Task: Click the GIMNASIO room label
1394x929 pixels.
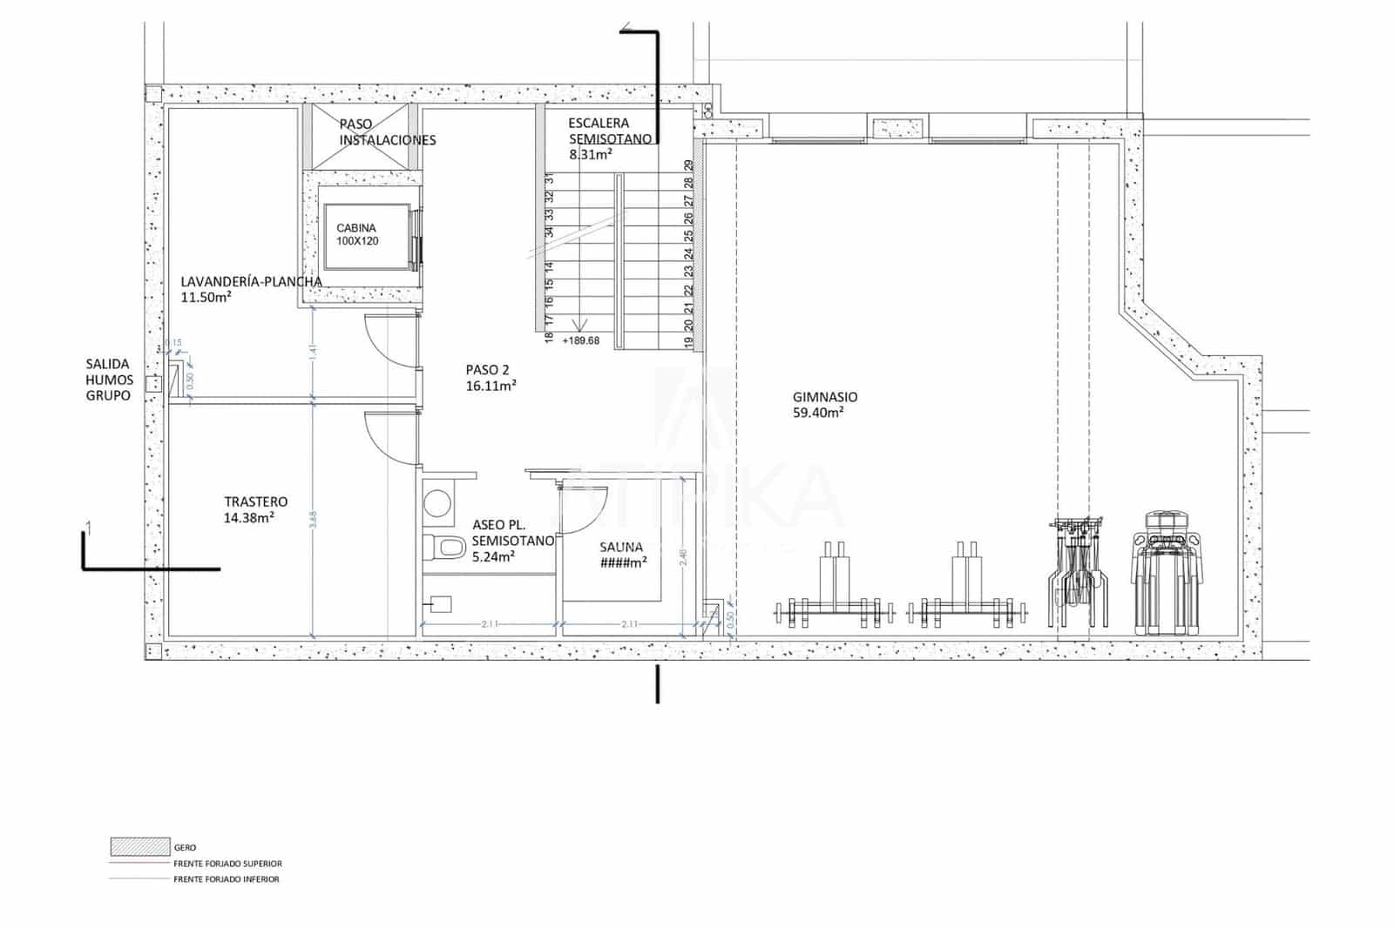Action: (x=824, y=397)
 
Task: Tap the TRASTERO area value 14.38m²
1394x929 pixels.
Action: (x=249, y=518)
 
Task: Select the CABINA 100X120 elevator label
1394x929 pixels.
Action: (x=358, y=235)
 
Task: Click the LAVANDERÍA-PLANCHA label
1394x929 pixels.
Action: (x=251, y=281)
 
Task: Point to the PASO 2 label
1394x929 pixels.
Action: (x=487, y=369)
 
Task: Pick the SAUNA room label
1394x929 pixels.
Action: (x=621, y=548)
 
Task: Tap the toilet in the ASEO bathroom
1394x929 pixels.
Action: (x=447, y=548)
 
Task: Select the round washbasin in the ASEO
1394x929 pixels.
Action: (x=437, y=503)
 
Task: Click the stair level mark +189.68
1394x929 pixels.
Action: (x=580, y=340)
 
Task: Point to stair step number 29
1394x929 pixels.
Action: (x=689, y=165)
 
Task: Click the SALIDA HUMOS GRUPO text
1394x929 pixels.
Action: (x=108, y=380)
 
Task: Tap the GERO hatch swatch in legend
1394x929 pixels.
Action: (x=139, y=846)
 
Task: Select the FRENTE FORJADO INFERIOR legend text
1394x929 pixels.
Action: (x=227, y=879)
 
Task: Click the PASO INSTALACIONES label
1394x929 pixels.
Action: (x=387, y=132)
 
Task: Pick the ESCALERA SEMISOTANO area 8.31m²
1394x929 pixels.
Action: (x=590, y=154)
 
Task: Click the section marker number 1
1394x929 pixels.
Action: (x=87, y=526)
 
